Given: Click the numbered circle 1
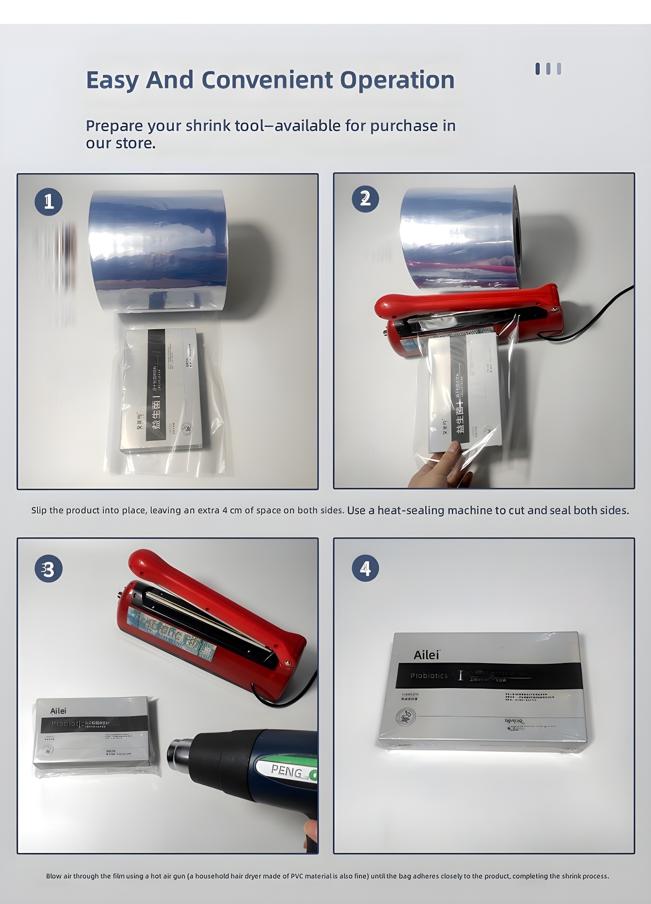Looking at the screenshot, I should (x=49, y=202).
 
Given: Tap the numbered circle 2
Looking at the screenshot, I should (x=365, y=199).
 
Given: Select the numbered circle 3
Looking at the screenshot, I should (x=49, y=570).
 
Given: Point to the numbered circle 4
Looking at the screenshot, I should (x=365, y=569).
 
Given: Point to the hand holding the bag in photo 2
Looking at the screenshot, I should (x=437, y=464).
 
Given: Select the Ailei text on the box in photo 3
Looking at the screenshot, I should (x=58, y=711).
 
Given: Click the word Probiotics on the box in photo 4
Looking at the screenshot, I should (x=429, y=675).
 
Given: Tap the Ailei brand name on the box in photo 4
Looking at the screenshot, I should (x=426, y=655).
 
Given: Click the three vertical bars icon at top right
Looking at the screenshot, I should (x=548, y=69).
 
